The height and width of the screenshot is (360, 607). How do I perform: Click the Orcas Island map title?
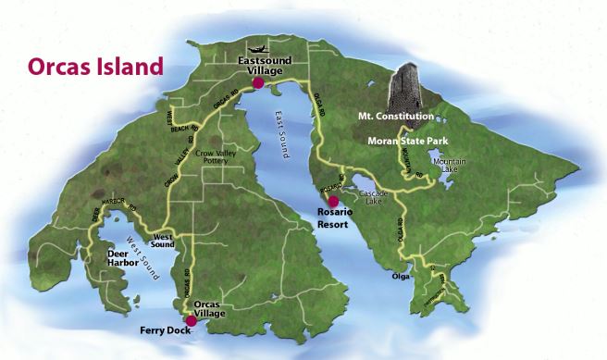pos(90,68)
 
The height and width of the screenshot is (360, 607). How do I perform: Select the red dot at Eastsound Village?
pos(258,83)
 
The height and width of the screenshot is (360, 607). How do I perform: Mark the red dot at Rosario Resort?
pos(333,201)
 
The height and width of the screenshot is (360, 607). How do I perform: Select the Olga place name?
pos(400,275)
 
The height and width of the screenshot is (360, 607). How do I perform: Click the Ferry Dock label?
pos(166,329)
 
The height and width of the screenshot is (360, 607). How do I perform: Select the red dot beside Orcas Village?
pos(191,321)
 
